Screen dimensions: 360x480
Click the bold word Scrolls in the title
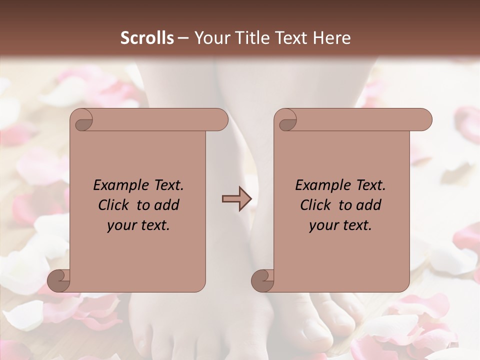(x=147, y=37)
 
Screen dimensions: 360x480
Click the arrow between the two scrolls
(x=236, y=199)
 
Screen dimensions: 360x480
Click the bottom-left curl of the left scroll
(x=58, y=279)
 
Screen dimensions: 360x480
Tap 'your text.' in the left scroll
(x=138, y=225)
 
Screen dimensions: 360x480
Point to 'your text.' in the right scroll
(x=340, y=225)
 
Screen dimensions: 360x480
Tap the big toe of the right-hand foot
(x=320, y=325)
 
